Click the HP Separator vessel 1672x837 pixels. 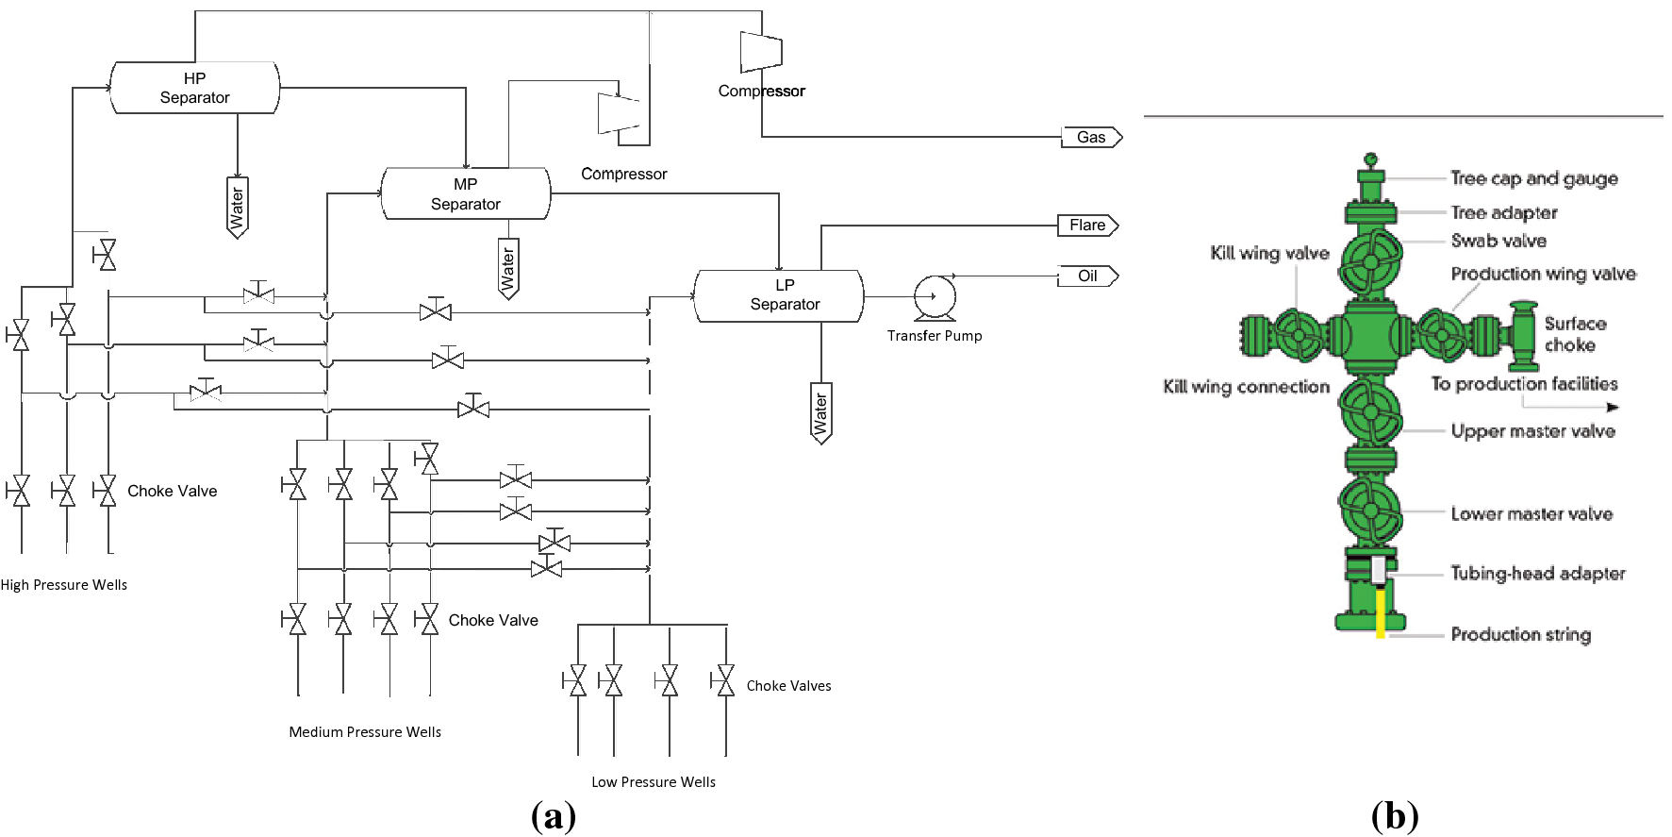click(194, 88)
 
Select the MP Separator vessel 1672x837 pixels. click(465, 193)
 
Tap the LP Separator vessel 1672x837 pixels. click(779, 295)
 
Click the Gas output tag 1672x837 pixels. click(1091, 138)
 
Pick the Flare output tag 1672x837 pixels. click(1087, 226)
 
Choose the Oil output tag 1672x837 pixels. click(1088, 276)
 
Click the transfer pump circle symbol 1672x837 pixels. click(935, 297)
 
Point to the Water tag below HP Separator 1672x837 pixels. click(238, 207)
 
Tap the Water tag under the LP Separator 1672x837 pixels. click(820, 412)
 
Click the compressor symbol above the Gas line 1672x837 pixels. click(761, 52)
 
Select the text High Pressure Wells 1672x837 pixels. click(64, 585)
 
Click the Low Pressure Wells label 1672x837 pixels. click(653, 782)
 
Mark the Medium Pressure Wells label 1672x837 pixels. click(365, 732)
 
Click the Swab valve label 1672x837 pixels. click(1498, 241)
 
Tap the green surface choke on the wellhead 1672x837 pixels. click(1523, 336)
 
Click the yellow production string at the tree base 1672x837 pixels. click(1381, 612)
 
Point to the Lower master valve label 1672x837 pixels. click(1531, 514)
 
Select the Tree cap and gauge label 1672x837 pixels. click(1533, 178)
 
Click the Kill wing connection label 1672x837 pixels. click(1246, 387)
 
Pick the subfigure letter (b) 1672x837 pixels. click(1395, 815)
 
